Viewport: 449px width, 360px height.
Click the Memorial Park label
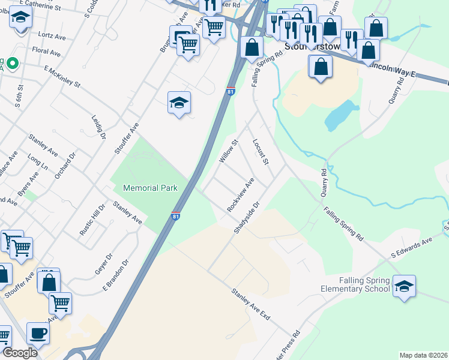(x=150, y=188)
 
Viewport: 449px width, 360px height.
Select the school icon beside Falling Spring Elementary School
(x=404, y=286)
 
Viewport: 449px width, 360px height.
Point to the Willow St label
(x=229, y=151)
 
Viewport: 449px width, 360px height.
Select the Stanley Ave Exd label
(x=250, y=304)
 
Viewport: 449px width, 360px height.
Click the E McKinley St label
(x=62, y=77)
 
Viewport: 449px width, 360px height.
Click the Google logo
(x=19, y=353)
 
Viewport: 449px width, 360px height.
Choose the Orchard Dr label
(x=65, y=166)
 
